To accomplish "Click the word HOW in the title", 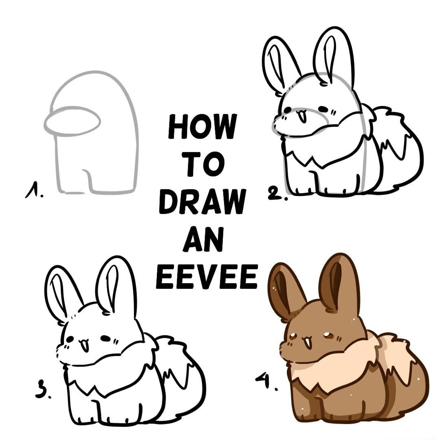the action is pyautogui.click(x=202, y=127).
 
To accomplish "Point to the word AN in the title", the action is pyautogui.click(x=203, y=239).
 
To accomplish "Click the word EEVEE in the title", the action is pyautogui.click(x=207, y=277).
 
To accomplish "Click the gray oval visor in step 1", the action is pyautogui.click(x=72, y=121).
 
